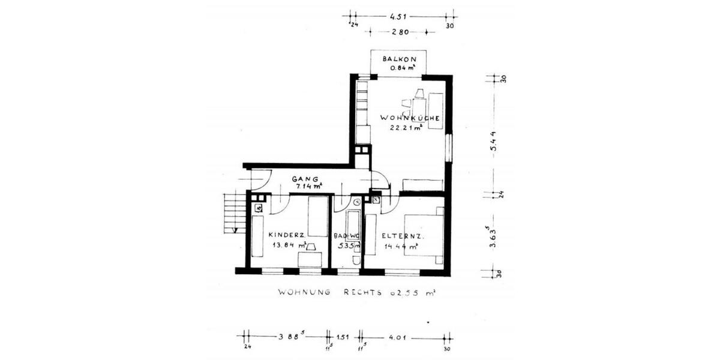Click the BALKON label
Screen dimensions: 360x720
tap(398, 59)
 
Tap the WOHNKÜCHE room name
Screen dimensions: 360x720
tap(410, 118)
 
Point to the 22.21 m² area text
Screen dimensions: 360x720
tap(406, 127)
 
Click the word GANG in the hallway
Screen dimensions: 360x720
tap(302, 179)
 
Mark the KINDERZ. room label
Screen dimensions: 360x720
tap(288, 235)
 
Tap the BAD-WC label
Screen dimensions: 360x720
tap(347, 236)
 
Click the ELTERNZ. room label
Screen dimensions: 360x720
tap(403, 236)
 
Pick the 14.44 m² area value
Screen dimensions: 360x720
tap(403, 245)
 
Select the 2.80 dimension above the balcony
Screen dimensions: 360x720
tap(400, 32)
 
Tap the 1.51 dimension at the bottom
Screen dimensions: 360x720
tap(343, 337)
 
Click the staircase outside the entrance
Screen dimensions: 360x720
tap(235, 212)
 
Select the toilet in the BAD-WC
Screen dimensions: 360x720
tap(356, 260)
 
